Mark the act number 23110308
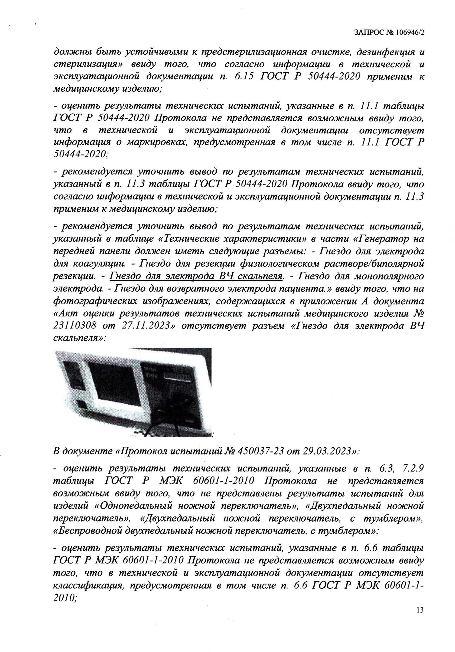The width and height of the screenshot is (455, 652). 77,326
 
